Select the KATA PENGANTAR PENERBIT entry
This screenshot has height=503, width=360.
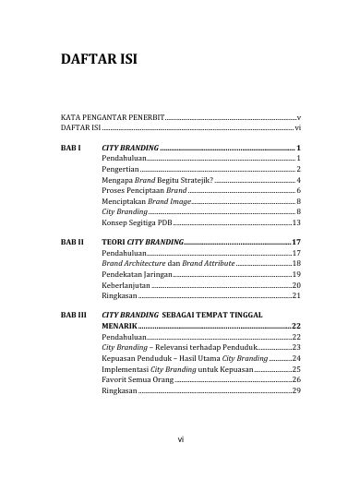tap(113, 120)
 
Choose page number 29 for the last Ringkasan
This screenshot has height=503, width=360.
tap(296, 390)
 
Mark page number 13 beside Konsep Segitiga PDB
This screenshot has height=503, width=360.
tap(296, 223)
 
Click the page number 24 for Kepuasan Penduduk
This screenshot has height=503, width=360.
tap(296, 358)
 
